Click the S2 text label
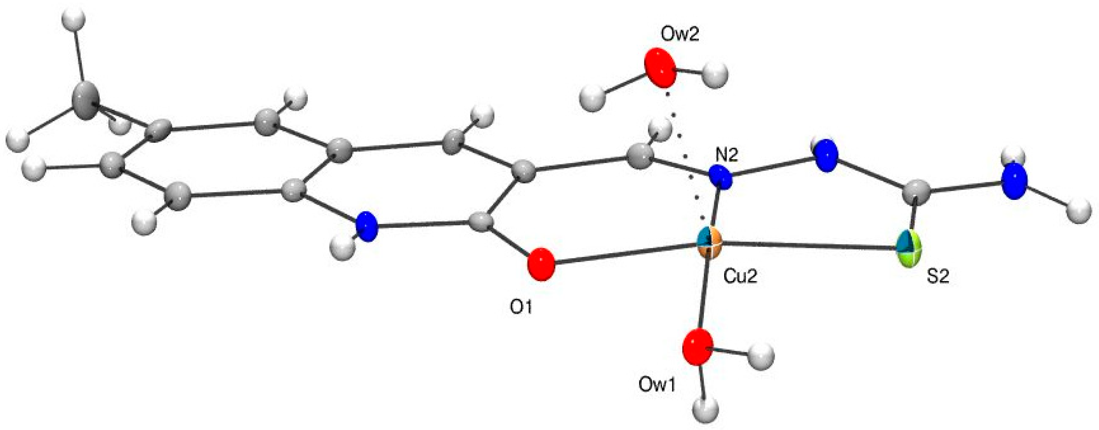tap(938, 277)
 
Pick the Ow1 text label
tap(657, 385)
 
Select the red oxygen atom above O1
tap(541, 264)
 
